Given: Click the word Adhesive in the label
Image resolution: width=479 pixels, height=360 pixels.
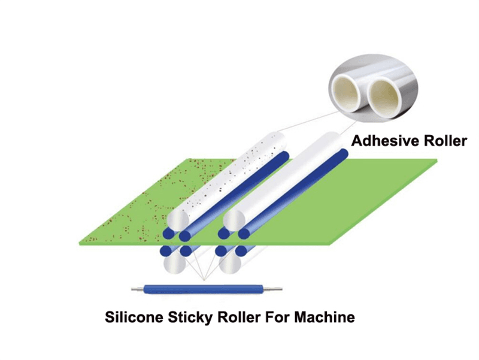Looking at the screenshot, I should pos(378,141).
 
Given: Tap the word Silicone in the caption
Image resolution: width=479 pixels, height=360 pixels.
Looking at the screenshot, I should pos(132,317).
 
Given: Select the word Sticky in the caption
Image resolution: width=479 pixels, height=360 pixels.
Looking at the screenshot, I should pos(187,317).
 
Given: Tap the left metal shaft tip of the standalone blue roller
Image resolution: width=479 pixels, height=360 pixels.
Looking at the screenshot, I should pos(135,291).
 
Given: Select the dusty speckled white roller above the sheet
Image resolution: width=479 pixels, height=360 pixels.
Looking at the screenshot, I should pos(228,174).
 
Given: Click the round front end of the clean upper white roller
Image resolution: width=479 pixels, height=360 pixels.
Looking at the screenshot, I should pos(234,219).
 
